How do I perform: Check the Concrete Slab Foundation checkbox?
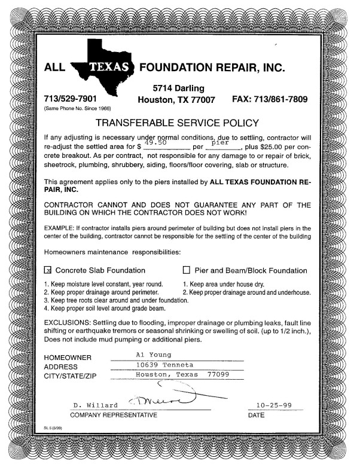[x=49, y=270]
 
